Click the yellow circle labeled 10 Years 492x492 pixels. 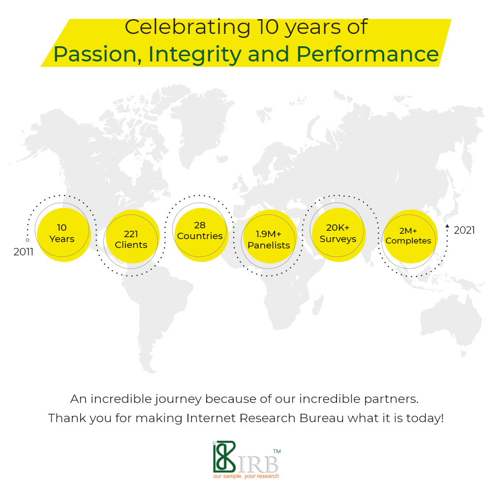pos(64,235)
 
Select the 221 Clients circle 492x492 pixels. pos(133,237)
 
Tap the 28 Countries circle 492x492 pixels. pos(201,235)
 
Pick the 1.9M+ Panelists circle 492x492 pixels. pos(270,237)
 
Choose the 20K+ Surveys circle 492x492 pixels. pos(339,235)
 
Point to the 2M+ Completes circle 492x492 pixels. pos(411,237)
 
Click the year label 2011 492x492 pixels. pos(24,251)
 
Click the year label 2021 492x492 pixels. pos(464,230)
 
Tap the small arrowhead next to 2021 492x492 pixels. pos(447,226)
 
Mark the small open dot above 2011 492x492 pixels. pos(28,240)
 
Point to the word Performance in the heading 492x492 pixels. pos(368,54)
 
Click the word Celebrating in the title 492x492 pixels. pos(187,27)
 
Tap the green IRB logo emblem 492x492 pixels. pos(224,457)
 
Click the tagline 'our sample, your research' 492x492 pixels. pos(246,476)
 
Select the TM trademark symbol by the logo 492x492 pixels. pos(277,452)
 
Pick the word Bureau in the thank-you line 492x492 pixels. pos(322,418)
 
